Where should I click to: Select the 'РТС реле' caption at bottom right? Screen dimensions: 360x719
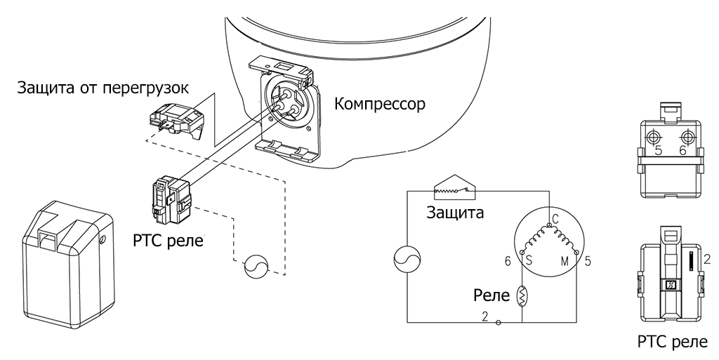click(x=673, y=343)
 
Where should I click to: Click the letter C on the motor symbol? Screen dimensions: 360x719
click(x=555, y=218)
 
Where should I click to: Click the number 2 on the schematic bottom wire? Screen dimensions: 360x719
click(x=485, y=316)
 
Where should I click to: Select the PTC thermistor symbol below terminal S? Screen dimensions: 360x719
click(x=523, y=295)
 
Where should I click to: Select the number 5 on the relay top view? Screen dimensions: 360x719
click(x=658, y=150)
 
